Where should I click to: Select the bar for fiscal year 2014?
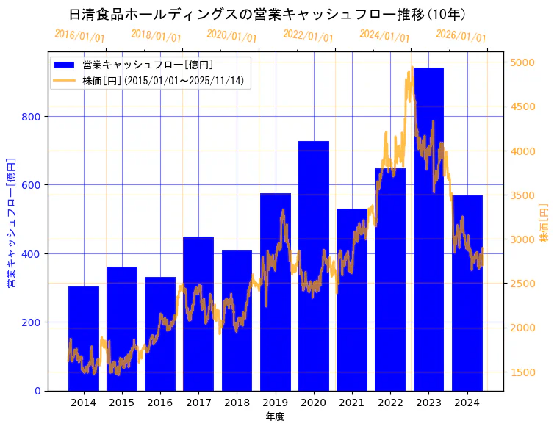coord(84,339)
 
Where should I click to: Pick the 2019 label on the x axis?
coord(276,403)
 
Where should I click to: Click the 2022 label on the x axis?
coord(390,403)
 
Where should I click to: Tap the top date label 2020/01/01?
coord(231,36)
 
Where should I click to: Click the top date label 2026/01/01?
coord(461,36)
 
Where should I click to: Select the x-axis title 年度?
coord(275,417)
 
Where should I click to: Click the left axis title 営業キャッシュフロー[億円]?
coord(11,222)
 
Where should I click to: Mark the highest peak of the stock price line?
coord(412,68)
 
